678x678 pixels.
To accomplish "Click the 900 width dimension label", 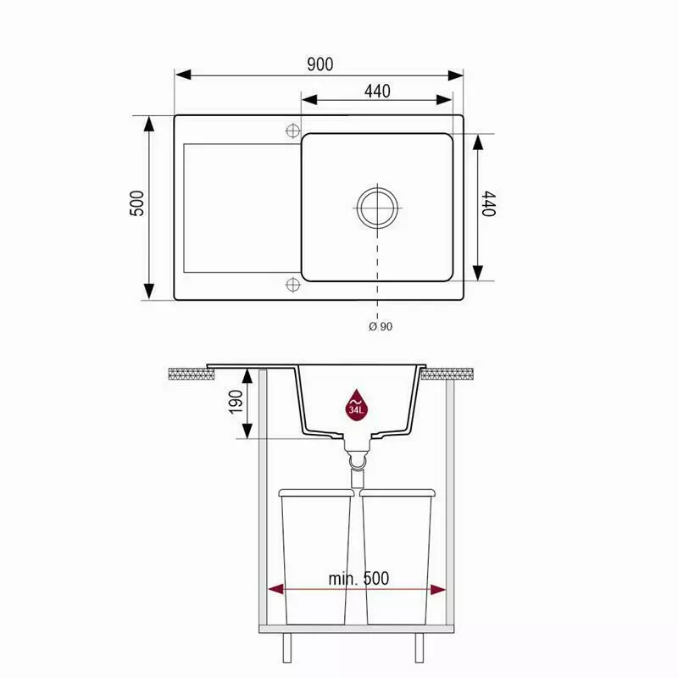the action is coord(320,64).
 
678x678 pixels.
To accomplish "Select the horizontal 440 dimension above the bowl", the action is coord(377,92).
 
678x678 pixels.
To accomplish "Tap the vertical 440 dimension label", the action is coord(489,203).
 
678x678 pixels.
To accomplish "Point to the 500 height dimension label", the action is coord(137,203).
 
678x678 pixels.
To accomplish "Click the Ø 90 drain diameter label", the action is coord(381,326).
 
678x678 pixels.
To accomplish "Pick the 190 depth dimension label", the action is coord(236,402).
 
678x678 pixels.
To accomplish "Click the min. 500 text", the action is coord(358,579).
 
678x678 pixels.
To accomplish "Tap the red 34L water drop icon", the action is coord(356,407).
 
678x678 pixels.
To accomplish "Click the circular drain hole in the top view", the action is coord(377,208).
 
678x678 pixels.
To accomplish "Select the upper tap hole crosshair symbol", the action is coord(292,131).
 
